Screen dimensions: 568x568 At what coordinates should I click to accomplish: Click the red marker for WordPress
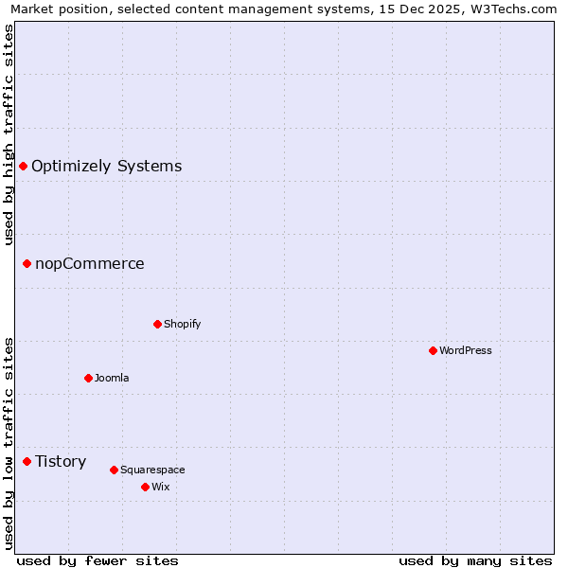[433, 350]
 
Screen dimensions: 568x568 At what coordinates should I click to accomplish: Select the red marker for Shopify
[157, 324]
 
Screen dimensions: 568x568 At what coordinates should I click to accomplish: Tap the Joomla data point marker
[88, 378]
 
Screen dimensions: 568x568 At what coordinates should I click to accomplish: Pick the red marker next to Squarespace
[114, 470]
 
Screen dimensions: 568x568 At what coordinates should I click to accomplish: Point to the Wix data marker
[145, 487]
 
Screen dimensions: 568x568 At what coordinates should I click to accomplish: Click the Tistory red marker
[27, 461]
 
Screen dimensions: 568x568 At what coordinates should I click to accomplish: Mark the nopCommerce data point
[27, 263]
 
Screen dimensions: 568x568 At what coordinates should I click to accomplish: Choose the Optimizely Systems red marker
[23, 167]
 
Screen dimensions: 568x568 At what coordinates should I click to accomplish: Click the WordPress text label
[466, 350]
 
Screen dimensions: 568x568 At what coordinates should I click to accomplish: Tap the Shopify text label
[183, 324]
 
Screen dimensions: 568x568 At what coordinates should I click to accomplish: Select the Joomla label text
[112, 378]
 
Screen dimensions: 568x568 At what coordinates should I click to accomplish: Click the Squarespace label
[152, 470]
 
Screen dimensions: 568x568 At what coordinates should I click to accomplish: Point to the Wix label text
[161, 487]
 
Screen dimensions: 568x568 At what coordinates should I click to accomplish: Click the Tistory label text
[61, 461]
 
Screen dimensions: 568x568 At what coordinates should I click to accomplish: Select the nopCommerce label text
[90, 263]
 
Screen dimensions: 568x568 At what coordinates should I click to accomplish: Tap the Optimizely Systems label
[107, 167]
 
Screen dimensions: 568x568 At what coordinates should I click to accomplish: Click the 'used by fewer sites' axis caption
[98, 560]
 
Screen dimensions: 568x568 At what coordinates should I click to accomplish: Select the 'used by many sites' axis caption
[475, 560]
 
